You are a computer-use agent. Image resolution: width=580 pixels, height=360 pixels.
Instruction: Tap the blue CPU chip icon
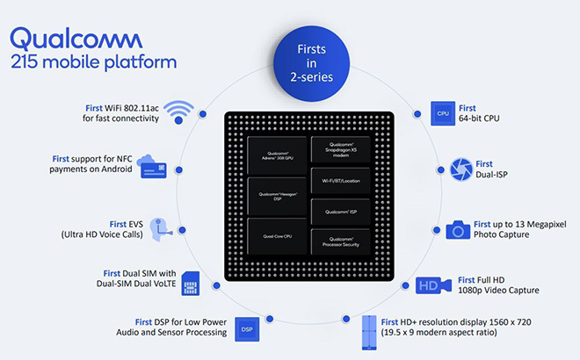coord(442,112)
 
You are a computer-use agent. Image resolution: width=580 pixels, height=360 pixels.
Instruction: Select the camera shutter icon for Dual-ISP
coord(460,169)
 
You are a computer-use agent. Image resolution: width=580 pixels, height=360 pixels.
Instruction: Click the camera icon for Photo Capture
coord(456,230)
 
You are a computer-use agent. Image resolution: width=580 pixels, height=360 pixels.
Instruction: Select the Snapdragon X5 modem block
coord(342,150)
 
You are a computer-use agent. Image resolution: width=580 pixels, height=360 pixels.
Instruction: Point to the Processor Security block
coord(342,241)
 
